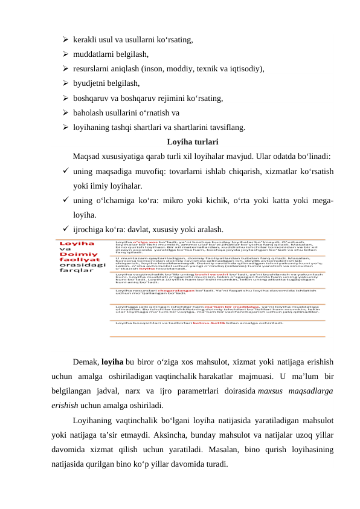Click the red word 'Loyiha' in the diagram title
click(71, 242)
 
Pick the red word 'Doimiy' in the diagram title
click(74, 256)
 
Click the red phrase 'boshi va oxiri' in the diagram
click(196, 274)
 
